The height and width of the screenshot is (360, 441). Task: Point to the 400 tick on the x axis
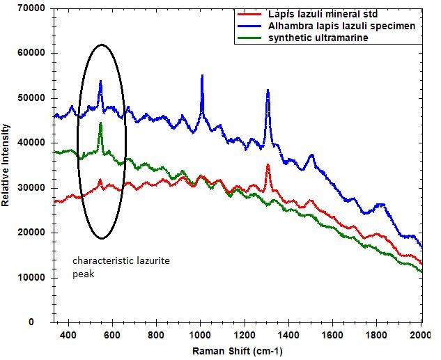click(x=68, y=334)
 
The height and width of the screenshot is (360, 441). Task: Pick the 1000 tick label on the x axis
click(x=200, y=334)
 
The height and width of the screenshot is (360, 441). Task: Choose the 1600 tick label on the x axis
click(x=332, y=334)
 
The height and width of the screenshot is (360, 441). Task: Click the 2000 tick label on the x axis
click(x=420, y=334)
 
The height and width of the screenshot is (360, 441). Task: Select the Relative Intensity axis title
click(x=6, y=166)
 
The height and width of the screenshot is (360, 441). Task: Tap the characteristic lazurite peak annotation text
click(x=121, y=266)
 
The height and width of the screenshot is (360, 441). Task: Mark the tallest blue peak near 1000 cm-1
click(x=202, y=75)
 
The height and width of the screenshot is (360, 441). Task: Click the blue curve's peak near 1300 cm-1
click(x=268, y=91)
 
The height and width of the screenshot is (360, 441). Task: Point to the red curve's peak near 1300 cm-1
click(x=268, y=165)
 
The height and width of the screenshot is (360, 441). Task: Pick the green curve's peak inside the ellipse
click(x=100, y=123)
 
